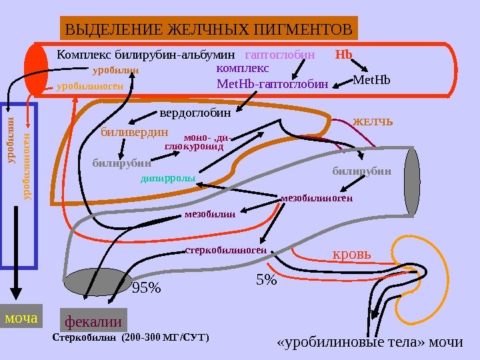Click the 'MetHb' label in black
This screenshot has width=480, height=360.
pos(370,81)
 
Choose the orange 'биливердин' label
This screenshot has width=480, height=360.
pos(134,131)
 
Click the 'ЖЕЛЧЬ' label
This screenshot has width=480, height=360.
pos(373,123)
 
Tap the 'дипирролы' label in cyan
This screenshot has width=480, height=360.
pos(167,179)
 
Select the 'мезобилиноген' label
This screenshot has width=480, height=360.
pos(317,198)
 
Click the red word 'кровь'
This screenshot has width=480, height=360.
pos(353,255)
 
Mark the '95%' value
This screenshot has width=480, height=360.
pos(147,288)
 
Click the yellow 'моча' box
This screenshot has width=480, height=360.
pos(21,318)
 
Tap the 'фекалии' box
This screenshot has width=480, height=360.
pos(93,321)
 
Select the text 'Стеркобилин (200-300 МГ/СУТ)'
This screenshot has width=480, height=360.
pos(130,337)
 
